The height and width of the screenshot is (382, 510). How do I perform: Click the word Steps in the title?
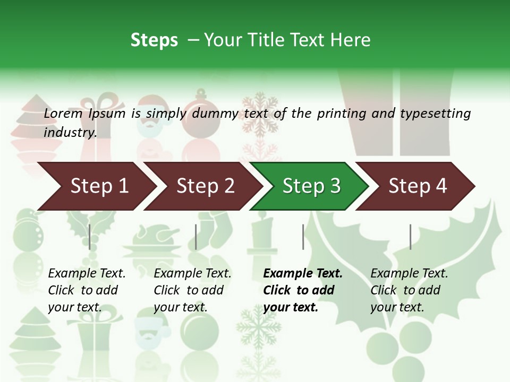click(154, 40)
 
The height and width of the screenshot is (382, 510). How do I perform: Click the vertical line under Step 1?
click(90, 237)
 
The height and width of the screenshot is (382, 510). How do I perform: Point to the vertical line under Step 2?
click(196, 237)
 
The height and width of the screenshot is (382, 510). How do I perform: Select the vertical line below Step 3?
click(303, 237)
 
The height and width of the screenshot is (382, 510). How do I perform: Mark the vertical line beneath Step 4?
click(410, 237)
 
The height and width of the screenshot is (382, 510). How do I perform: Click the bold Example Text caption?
click(302, 290)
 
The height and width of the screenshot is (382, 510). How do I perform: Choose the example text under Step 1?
click(87, 290)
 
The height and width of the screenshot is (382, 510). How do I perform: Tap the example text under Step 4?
click(409, 290)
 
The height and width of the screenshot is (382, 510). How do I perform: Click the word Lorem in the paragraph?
click(63, 114)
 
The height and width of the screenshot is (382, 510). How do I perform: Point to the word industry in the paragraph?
click(70, 133)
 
